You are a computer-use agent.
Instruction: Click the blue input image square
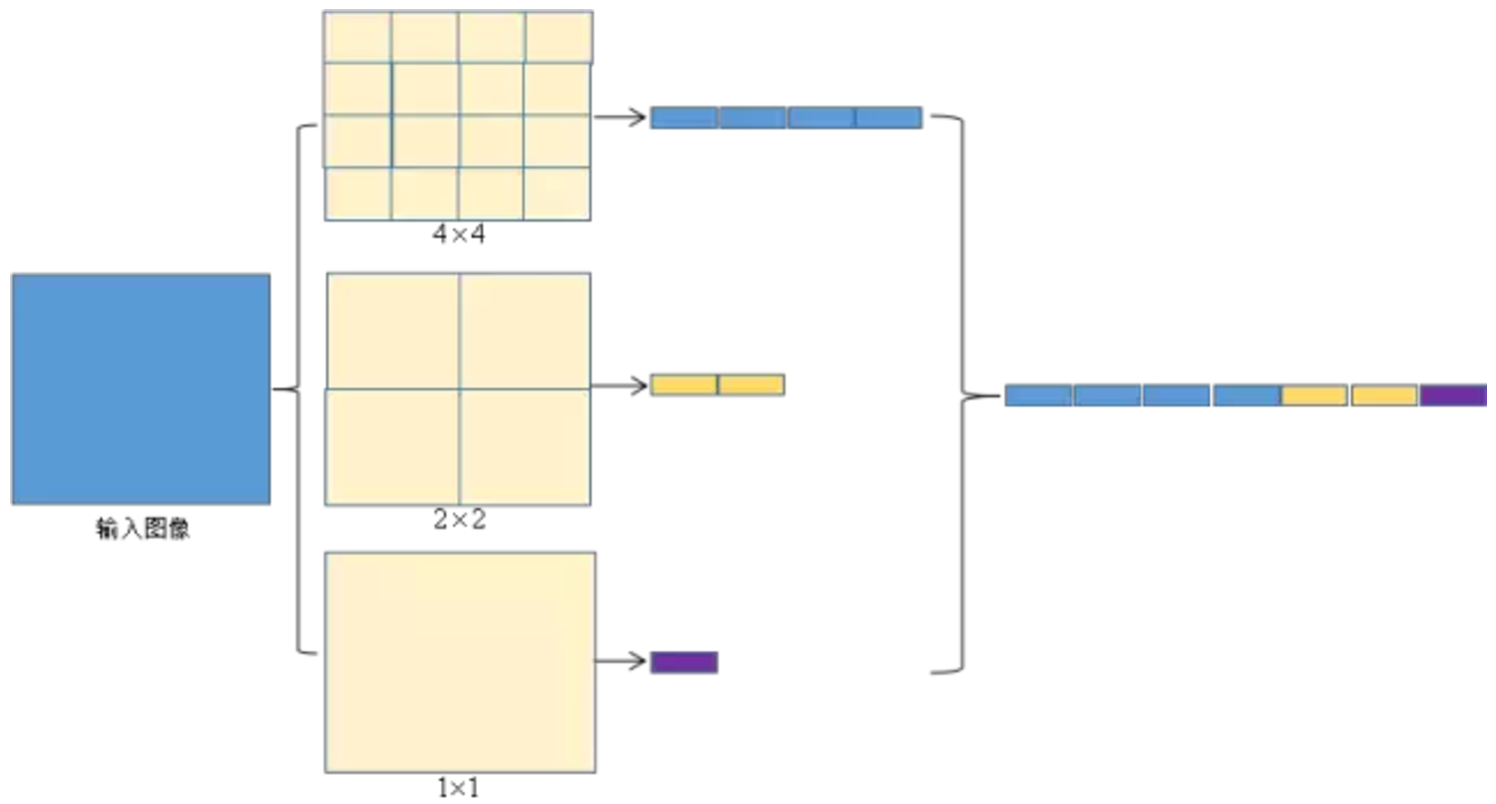[141, 389]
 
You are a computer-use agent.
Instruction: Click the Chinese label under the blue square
[143, 529]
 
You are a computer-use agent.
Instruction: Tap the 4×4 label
[458, 237]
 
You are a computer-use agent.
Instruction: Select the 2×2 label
[459, 519]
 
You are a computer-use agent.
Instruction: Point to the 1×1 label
[458, 788]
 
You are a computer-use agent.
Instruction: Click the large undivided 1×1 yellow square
[460, 661]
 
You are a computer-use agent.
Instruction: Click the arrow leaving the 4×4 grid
[620, 117]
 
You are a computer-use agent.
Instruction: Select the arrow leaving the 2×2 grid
[620, 385]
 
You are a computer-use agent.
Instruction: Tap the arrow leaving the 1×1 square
[622, 661]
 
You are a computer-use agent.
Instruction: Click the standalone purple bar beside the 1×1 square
[684, 661]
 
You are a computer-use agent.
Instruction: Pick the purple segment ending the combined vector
[1453, 395]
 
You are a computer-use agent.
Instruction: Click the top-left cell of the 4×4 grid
[357, 37]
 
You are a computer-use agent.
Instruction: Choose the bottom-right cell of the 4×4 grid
[557, 193]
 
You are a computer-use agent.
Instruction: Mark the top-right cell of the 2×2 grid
[525, 331]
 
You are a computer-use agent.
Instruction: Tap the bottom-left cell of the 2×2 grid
[393, 446]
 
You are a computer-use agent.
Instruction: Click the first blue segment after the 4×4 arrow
[684, 117]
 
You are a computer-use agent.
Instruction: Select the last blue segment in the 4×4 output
[888, 117]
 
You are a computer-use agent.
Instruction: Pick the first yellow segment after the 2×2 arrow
[684, 385]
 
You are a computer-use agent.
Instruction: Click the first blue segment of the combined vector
[1038, 395]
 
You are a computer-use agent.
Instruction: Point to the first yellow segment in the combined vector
[1314, 395]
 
